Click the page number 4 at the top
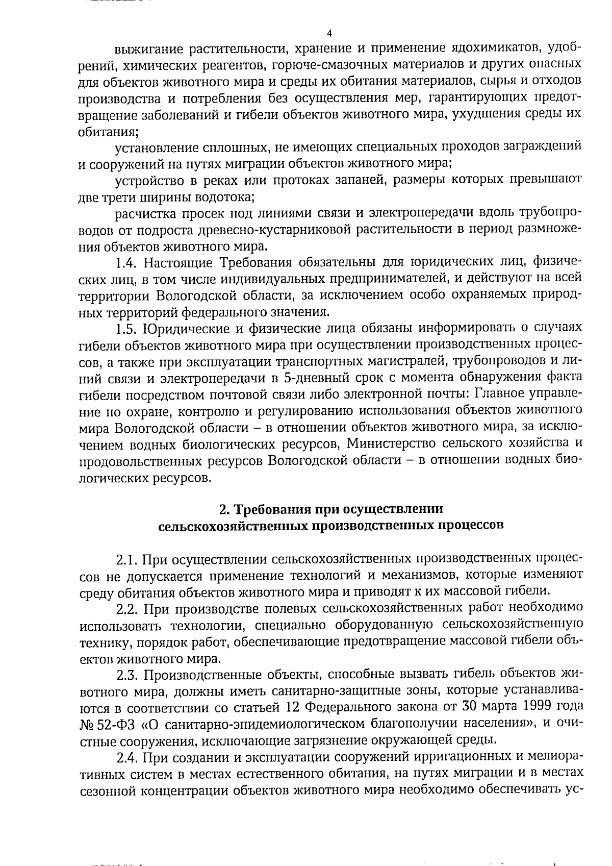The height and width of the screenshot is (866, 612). [328, 33]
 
